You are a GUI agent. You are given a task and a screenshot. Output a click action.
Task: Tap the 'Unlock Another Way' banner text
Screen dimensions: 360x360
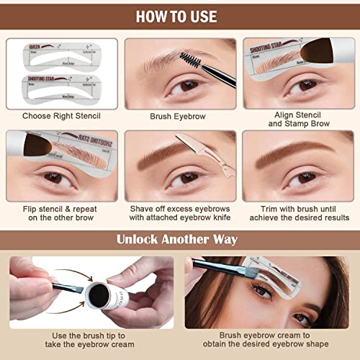[179, 240]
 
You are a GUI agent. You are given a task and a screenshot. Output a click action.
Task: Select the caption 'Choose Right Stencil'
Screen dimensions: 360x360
[60, 114]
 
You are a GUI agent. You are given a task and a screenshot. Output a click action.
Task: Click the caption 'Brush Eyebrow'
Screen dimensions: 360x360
[179, 114]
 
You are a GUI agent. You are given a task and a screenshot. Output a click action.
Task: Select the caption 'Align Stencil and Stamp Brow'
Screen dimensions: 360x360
[298, 120]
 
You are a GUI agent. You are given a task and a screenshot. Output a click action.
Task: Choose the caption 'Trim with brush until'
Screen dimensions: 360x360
[298, 208]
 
